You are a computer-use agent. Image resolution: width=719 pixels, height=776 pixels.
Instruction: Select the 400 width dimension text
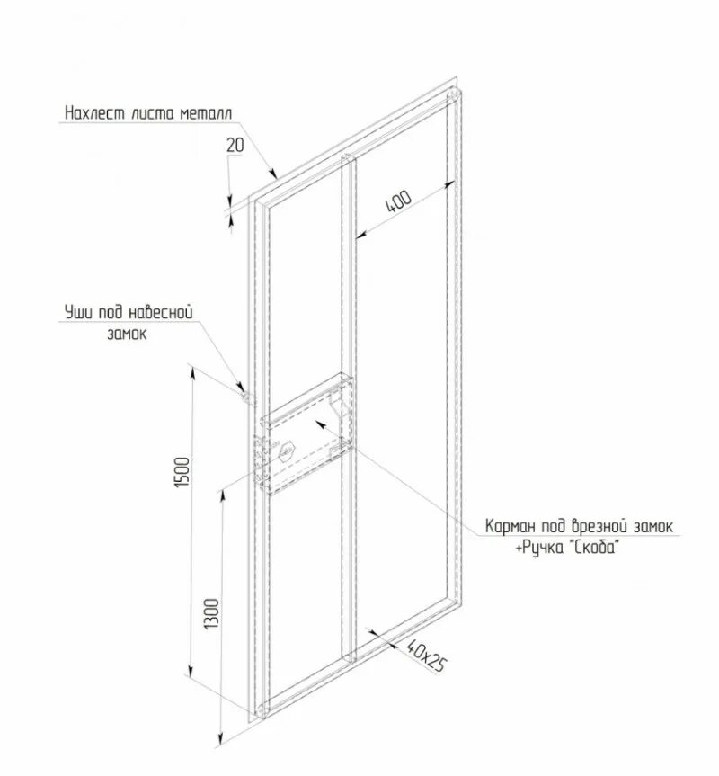click(x=398, y=200)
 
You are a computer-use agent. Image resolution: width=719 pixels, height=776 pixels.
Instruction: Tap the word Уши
click(x=79, y=311)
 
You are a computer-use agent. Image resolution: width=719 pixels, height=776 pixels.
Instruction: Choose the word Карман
click(x=512, y=526)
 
